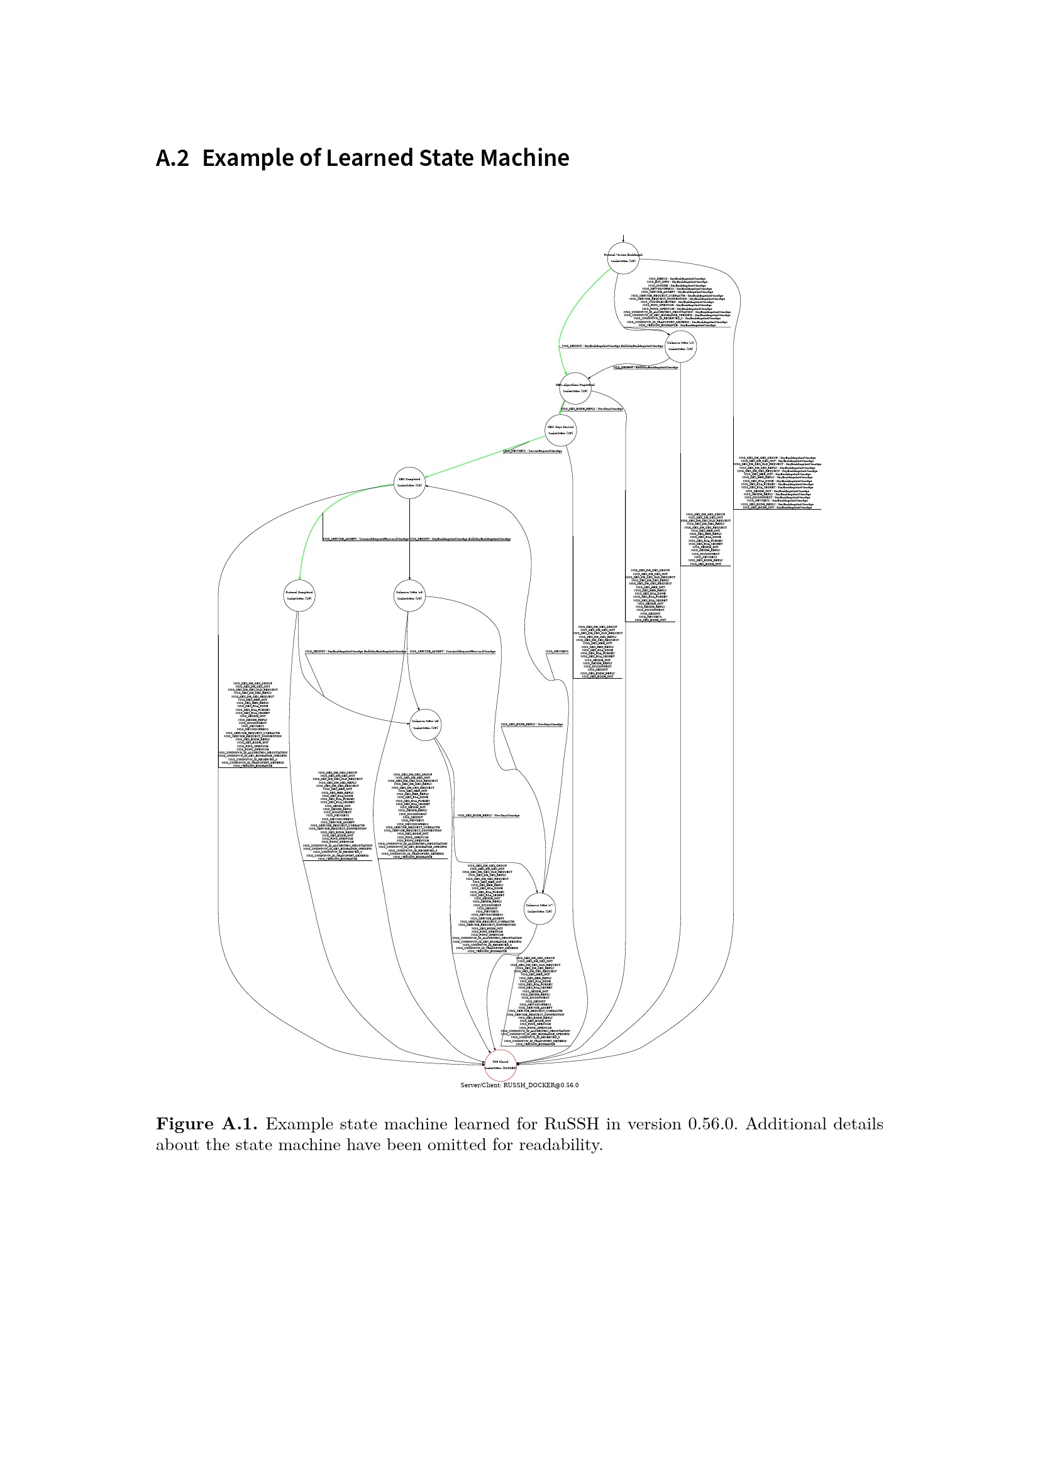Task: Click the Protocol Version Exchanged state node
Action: (x=623, y=258)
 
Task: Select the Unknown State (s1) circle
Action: (x=681, y=346)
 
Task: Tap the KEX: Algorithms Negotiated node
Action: (x=575, y=388)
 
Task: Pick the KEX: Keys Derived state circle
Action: (x=560, y=431)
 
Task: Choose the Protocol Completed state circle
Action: (x=299, y=595)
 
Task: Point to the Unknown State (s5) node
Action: (x=409, y=595)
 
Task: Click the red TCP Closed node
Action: (x=500, y=1065)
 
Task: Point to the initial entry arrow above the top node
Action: (x=623, y=238)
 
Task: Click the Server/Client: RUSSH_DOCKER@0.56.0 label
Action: (x=519, y=1085)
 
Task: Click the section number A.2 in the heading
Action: (x=172, y=158)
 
